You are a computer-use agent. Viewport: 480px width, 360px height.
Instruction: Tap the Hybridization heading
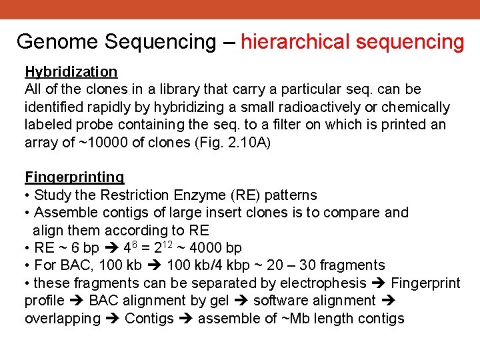click(x=71, y=71)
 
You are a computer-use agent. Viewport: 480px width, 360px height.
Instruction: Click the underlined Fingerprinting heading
click(x=74, y=177)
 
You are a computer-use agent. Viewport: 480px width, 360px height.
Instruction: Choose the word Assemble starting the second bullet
click(x=63, y=213)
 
